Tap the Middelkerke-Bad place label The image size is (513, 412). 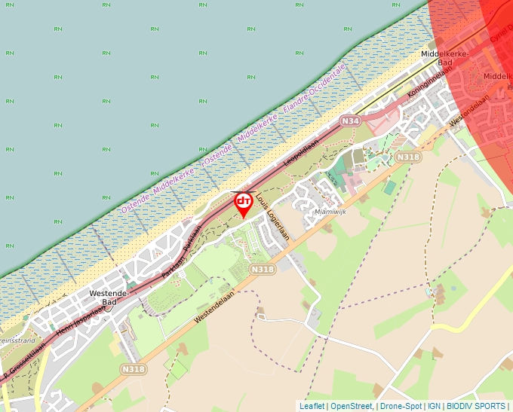point(445,58)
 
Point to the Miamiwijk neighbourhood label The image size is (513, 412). point(328,213)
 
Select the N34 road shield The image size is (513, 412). point(349,121)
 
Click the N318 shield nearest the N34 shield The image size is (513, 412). point(407,157)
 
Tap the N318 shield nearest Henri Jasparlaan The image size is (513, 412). point(132,369)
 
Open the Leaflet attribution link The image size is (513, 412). point(312,406)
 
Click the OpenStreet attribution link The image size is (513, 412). point(351,406)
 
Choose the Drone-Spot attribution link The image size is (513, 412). point(401,406)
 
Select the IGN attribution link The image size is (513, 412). point(434,406)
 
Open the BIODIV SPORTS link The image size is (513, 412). point(476,406)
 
